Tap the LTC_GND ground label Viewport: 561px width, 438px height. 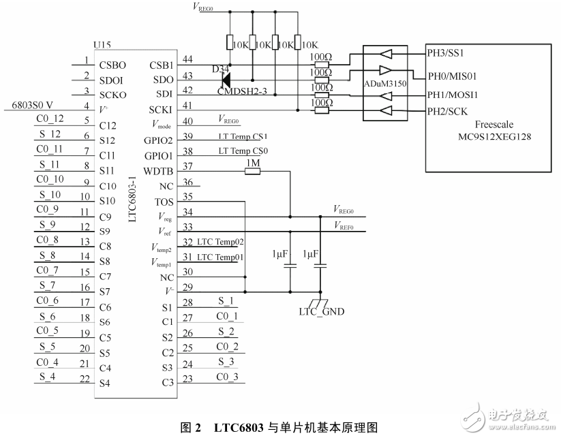point(322,312)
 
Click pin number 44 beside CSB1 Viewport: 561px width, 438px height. point(187,61)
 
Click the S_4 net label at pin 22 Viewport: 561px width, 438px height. point(48,377)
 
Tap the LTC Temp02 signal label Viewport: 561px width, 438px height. point(221,243)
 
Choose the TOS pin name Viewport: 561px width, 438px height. point(164,202)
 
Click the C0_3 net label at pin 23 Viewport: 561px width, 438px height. point(227,377)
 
